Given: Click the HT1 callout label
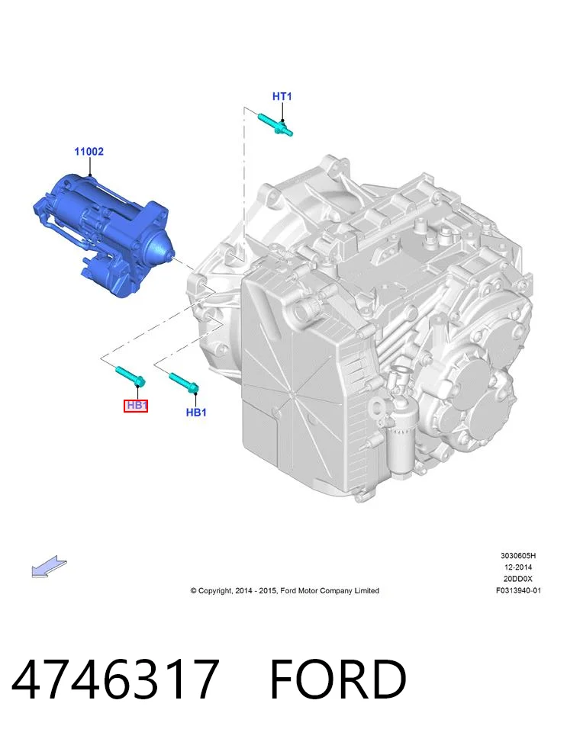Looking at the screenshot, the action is pyautogui.click(x=282, y=97).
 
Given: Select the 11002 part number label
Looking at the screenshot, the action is pyautogui.click(x=89, y=152).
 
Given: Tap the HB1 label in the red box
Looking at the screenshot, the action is pyautogui.click(x=136, y=406).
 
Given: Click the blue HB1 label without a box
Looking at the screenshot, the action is pyautogui.click(x=196, y=412).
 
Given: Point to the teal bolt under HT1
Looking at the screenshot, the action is pyautogui.click(x=275, y=124).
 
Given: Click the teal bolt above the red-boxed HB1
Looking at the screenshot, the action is pyautogui.click(x=130, y=376).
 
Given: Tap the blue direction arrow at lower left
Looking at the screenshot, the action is pyautogui.click(x=49, y=567).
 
